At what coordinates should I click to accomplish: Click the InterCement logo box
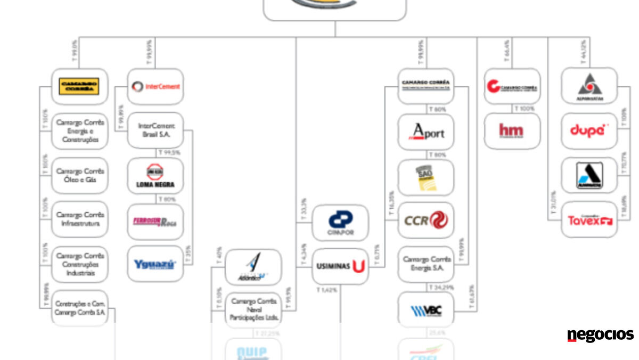click(155, 86)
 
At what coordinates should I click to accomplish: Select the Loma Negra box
click(155, 176)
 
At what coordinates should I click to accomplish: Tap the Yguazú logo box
click(155, 264)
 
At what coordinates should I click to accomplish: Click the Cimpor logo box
click(340, 223)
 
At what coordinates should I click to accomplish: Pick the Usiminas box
click(340, 266)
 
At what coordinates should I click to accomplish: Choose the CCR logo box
click(426, 219)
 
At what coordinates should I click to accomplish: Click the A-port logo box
click(426, 132)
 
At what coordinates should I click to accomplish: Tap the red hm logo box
click(512, 130)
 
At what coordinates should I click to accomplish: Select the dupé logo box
click(589, 130)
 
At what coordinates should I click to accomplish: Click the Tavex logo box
click(589, 219)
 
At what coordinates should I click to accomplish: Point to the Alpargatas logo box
click(589, 86)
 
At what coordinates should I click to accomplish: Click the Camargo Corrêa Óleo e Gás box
click(80, 175)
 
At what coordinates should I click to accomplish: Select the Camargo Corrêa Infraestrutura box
click(80, 219)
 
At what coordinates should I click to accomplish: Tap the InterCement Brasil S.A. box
click(155, 130)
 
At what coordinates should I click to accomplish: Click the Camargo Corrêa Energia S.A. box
click(426, 264)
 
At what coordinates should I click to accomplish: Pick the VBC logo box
click(426, 309)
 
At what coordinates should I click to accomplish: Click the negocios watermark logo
click(600, 336)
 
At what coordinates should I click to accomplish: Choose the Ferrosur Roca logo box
click(155, 220)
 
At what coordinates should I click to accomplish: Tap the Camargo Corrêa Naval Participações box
click(253, 309)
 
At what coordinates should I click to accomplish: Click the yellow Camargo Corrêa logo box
click(80, 86)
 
